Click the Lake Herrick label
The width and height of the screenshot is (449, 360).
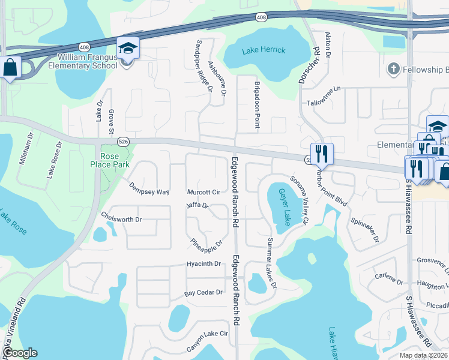tap(264, 50)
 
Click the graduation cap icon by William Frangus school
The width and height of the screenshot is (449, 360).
tap(128, 47)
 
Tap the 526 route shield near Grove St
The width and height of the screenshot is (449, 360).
tap(122, 141)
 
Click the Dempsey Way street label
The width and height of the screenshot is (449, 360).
tap(148, 188)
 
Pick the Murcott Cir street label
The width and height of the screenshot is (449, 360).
tap(203, 193)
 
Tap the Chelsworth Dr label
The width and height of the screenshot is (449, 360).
tap(121, 219)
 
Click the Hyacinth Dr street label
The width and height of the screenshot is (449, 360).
tap(203, 264)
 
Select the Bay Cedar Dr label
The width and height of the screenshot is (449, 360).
tap(203, 293)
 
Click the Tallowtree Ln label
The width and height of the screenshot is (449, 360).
tap(323, 96)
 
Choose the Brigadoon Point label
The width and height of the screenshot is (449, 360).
tap(257, 105)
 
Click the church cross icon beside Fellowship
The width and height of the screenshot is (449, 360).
tap(394, 70)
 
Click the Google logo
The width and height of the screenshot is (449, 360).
tap(19, 353)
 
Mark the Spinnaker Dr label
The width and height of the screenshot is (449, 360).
tap(366, 230)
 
